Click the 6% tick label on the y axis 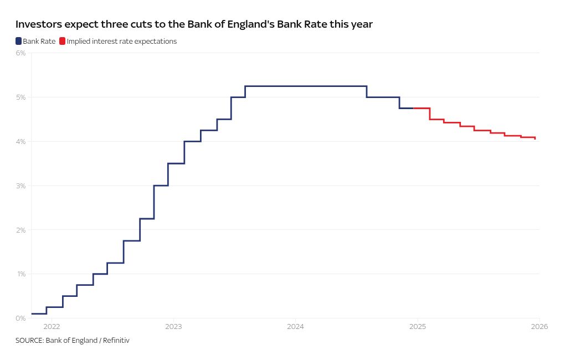(21, 53)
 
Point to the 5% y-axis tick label (21, 97)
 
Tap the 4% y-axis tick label (21, 142)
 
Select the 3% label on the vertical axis (21, 186)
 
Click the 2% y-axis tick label (21, 230)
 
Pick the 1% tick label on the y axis (21, 274)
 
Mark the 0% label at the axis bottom (21, 318)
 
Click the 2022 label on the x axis (51, 326)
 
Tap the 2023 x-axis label (173, 326)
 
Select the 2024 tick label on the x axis (295, 326)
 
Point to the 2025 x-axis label (417, 326)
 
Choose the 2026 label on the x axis (539, 326)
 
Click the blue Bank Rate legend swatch (19, 41)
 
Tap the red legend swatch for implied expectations (63, 41)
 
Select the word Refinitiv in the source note (114, 340)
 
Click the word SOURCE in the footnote (29, 340)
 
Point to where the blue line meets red (413, 108)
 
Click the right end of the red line (535, 138)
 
